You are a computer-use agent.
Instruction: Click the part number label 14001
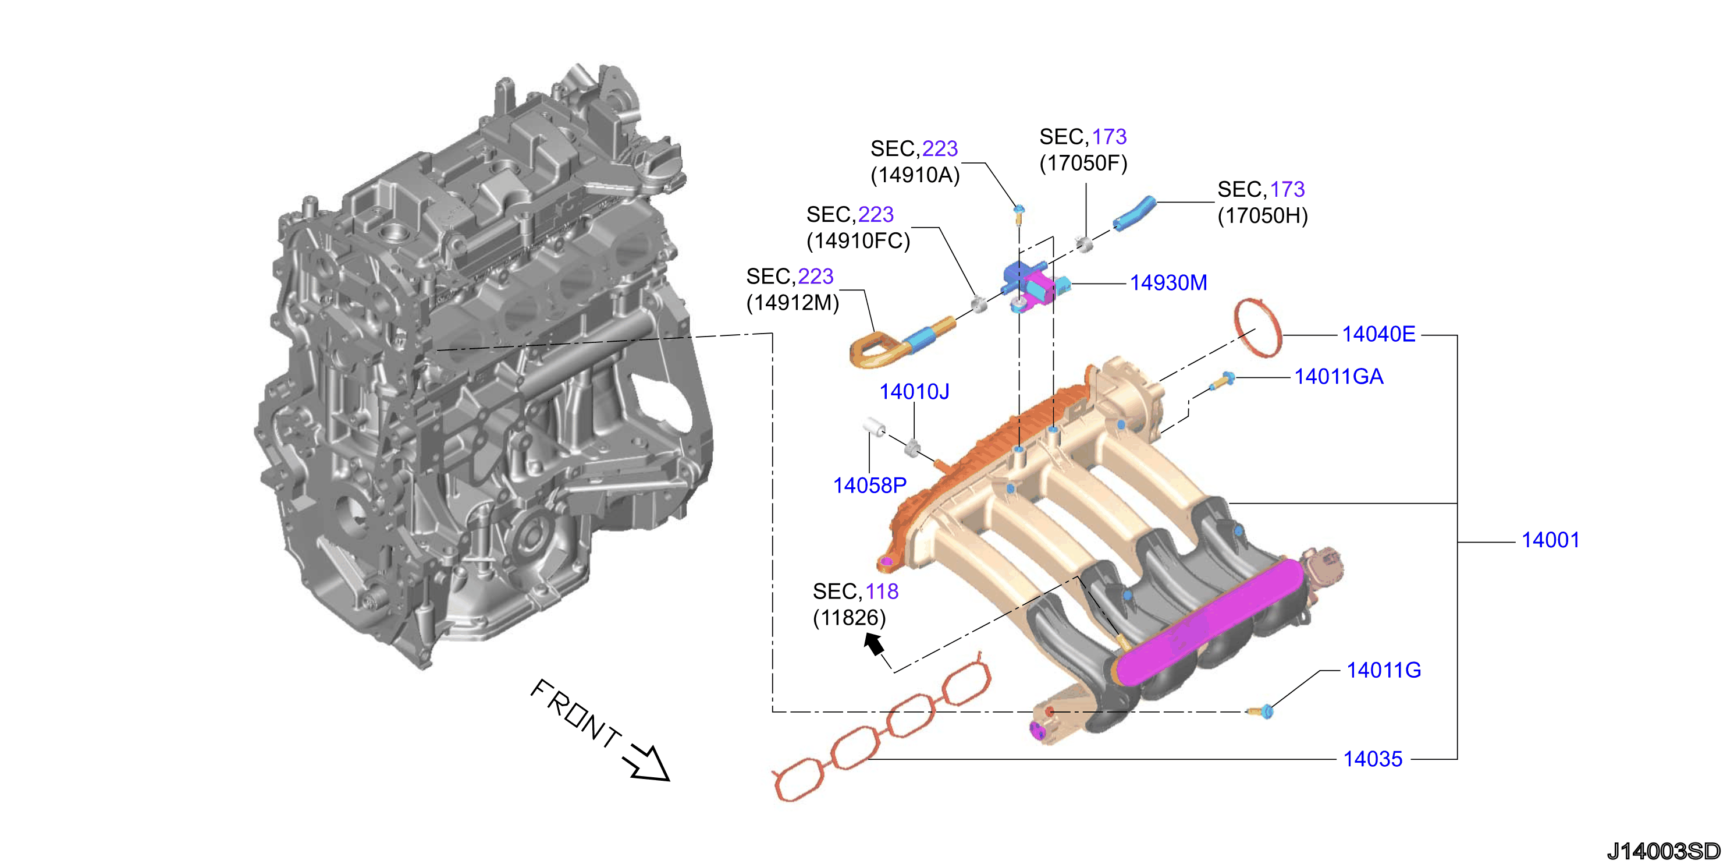point(1550,540)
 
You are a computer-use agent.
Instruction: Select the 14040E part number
point(1378,334)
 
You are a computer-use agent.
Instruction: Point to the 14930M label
point(1168,283)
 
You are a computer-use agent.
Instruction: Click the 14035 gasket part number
point(1372,759)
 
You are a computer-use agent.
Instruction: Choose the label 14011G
point(1384,670)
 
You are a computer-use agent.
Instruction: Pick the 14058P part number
point(869,486)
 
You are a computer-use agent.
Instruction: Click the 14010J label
point(915,392)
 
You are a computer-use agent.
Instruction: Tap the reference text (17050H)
point(1263,216)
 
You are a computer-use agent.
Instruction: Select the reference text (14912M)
point(793,303)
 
